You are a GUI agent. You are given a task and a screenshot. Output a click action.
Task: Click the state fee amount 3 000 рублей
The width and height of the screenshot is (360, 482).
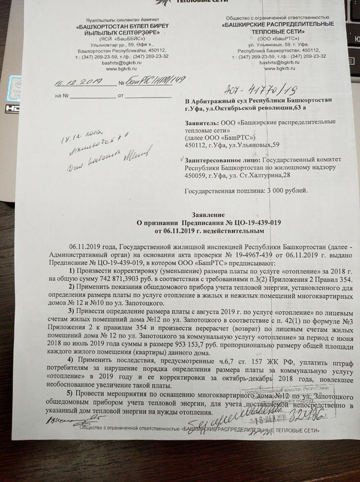click(x=285, y=191)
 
